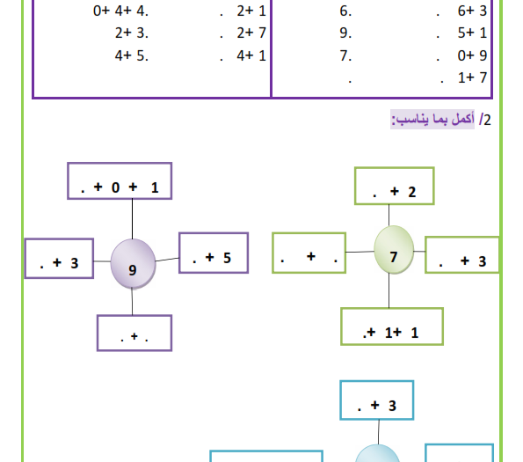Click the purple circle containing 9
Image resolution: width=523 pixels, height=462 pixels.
(133, 264)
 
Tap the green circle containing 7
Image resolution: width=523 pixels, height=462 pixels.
(394, 250)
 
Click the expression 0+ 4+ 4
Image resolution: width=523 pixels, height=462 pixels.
(120, 11)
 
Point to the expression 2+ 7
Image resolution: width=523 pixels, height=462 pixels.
(251, 33)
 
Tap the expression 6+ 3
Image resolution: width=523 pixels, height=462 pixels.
(472, 11)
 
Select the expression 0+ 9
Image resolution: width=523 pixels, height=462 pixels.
(472, 55)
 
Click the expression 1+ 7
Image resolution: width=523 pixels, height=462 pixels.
(472, 77)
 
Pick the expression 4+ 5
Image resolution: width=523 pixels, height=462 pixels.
(131, 55)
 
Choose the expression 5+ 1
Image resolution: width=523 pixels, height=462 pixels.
(472, 33)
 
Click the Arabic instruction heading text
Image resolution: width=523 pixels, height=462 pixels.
(432, 119)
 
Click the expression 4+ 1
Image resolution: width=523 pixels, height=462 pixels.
(251, 55)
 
